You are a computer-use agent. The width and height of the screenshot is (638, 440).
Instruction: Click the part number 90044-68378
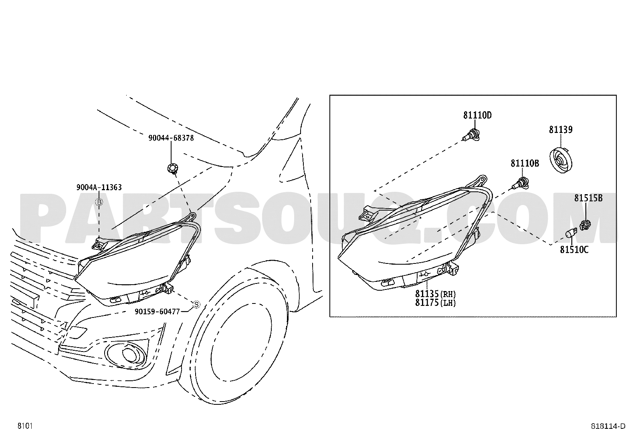[x=171, y=138]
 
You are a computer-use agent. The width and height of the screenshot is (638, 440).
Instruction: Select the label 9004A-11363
[x=99, y=187]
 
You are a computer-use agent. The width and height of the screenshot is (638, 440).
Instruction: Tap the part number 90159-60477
[x=157, y=311]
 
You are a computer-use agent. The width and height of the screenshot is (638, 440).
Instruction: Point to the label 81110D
[x=477, y=115]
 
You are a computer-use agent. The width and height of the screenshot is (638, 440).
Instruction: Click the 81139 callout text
[x=561, y=130]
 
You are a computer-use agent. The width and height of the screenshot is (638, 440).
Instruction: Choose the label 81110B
[x=525, y=163]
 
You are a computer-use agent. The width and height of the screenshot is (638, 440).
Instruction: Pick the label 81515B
[x=588, y=198]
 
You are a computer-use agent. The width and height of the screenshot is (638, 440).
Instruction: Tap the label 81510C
[x=574, y=249]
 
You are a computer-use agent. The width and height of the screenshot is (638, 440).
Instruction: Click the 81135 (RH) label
[x=435, y=294]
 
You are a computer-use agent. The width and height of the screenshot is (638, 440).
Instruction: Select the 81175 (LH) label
[x=435, y=303]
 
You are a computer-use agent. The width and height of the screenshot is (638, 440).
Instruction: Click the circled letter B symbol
[x=99, y=202]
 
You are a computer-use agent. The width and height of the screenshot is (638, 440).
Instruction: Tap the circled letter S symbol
[x=196, y=305]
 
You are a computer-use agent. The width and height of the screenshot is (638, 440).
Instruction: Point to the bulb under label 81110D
[x=471, y=135]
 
